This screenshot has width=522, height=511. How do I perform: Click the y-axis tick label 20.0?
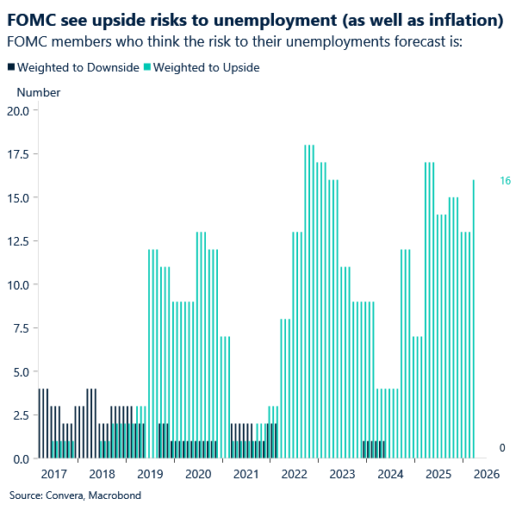[x=17, y=110]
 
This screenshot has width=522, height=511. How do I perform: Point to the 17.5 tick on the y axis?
[x=17, y=154]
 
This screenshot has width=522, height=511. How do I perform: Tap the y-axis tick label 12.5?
[x=17, y=241]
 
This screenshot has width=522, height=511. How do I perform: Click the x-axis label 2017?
[x=53, y=474]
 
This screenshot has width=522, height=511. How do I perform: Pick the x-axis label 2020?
[x=198, y=474]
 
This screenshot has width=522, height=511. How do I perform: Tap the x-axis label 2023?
[x=342, y=474]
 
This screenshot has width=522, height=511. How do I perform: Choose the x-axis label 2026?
[x=487, y=474]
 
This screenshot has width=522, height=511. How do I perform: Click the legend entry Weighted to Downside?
[x=78, y=67]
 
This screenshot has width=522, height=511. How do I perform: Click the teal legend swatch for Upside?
[x=147, y=67]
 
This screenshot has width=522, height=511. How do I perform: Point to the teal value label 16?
[x=506, y=180]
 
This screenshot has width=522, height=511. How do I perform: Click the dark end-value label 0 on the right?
[x=503, y=448]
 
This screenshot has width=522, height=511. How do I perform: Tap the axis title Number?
[x=39, y=92]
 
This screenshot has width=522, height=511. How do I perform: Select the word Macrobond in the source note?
[x=115, y=495]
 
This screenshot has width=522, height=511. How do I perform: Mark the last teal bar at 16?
[x=474, y=319]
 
